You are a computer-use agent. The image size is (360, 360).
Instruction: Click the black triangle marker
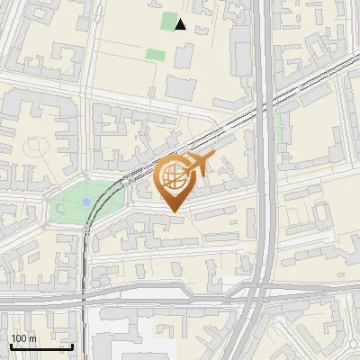pyautogui.click(x=181, y=24)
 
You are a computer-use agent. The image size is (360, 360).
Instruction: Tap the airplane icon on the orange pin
pyautogui.click(x=197, y=166)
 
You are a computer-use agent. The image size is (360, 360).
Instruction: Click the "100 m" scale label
pyautogui.click(x=23, y=337)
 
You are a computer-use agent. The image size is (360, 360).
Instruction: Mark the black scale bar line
pyautogui.click(x=41, y=346)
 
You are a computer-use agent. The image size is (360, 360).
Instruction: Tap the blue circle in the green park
pyautogui.click(x=86, y=202)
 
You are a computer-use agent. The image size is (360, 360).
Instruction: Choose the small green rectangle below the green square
pyautogui.click(x=156, y=55)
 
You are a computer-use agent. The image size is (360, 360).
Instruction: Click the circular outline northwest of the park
pyautogui.click(x=37, y=144)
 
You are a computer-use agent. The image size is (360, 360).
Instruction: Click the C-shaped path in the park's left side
pyautogui.click(x=61, y=208)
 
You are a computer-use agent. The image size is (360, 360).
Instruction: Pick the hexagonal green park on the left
pyautogui.click(x=85, y=202)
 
